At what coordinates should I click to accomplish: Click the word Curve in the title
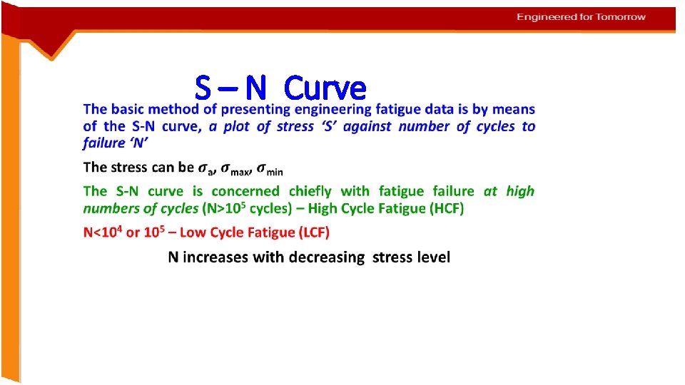coord(325,88)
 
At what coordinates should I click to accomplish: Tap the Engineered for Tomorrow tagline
coord(582,16)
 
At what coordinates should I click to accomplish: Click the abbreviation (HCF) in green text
coord(442,208)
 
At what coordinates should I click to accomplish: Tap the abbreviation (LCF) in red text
coord(308,232)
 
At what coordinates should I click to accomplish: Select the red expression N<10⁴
coord(102,232)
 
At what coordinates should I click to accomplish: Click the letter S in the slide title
coord(203,88)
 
